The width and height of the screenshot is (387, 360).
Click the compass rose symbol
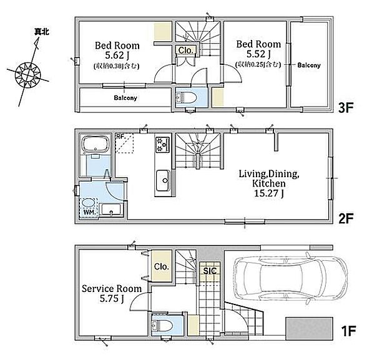27,74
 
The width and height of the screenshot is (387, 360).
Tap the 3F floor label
346,107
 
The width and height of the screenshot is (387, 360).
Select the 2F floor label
346,218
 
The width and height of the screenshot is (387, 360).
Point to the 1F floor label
348,331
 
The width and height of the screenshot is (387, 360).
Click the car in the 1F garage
290,278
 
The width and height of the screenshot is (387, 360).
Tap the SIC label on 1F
210,271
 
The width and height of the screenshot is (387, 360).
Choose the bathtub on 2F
96,144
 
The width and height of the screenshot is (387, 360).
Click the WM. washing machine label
89,212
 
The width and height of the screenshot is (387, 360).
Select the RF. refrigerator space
124,144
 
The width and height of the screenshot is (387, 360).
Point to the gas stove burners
162,144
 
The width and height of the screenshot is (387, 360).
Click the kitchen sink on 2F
163,180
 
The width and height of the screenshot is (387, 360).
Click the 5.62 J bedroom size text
117,56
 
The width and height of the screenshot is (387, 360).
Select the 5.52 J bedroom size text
258,54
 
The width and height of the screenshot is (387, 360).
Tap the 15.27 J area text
268,193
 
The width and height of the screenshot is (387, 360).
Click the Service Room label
112,288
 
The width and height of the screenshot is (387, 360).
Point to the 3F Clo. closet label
185,51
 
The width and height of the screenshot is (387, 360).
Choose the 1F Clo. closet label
162,267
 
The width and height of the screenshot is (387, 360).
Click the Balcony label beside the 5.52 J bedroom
309,65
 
